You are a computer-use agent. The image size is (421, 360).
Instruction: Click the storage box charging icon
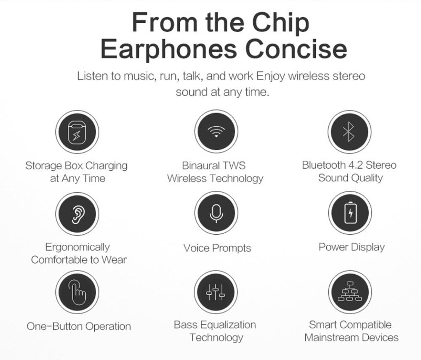click(x=77, y=132)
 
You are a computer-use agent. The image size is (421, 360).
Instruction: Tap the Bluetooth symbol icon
click(x=349, y=132)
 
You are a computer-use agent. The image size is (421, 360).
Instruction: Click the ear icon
click(x=77, y=213)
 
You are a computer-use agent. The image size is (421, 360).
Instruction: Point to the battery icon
click(x=349, y=212)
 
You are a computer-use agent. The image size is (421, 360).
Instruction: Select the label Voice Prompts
click(x=217, y=248)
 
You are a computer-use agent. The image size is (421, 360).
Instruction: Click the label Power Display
click(x=352, y=247)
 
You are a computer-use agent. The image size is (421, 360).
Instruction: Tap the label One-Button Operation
click(x=79, y=326)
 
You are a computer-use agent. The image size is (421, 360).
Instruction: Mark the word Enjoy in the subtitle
click(x=271, y=77)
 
